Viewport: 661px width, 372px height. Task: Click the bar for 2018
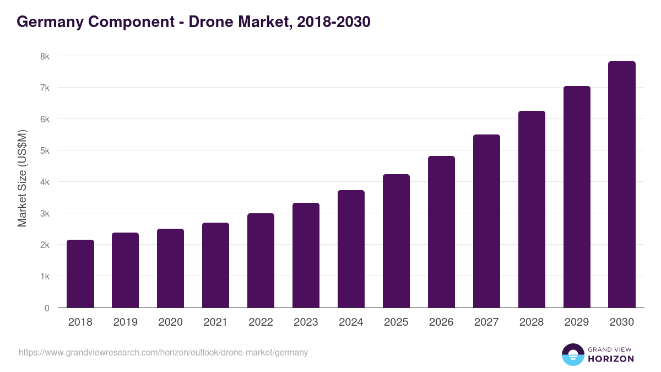[80, 274]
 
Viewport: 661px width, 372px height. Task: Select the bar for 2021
[215, 265]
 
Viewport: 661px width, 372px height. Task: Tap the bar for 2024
[351, 249]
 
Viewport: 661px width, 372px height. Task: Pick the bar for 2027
[486, 221]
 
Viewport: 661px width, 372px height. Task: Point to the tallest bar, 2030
[622, 185]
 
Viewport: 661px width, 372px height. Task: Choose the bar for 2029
[577, 197]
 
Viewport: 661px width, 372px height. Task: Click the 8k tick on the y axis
[44, 56]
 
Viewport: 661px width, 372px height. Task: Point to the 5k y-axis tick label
[44, 150]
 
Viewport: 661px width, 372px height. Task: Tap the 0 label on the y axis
[47, 308]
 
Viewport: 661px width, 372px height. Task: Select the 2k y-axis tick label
[44, 245]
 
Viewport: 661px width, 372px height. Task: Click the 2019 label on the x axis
[125, 322]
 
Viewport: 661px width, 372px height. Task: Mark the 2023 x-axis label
[306, 322]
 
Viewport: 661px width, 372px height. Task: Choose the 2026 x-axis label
[441, 322]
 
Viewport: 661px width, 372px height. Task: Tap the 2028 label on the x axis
[532, 322]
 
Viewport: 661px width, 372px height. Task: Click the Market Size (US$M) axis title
[22, 178]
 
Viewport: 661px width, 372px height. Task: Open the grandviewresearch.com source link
[163, 352]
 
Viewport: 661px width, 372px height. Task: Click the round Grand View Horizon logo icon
[572, 354]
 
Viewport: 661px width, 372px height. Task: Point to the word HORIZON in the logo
[611, 359]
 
